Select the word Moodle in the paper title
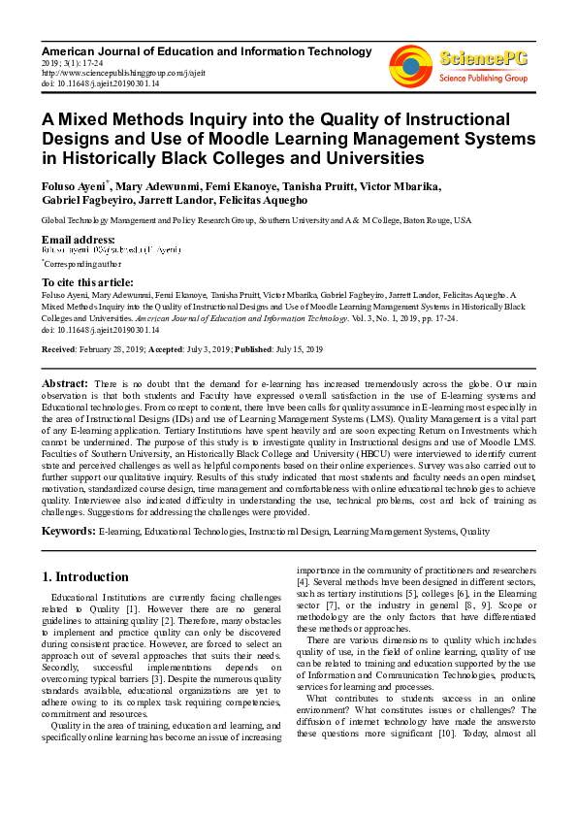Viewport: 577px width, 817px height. (x=356, y=138)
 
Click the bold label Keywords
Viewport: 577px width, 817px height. (x=68, y=531)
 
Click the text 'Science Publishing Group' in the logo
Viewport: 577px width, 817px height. (x=483, y=77)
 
